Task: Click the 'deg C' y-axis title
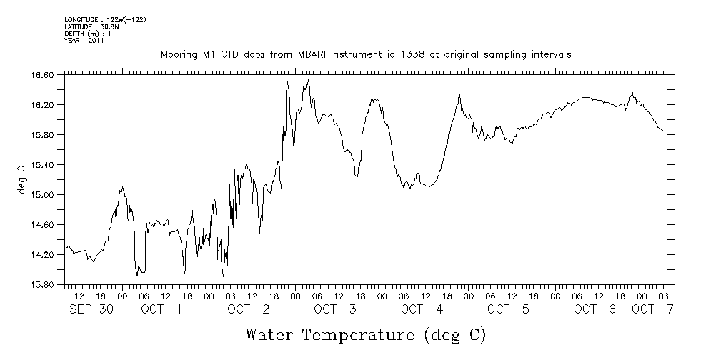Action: click(21, 179)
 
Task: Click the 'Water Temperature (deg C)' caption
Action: click(366, 334)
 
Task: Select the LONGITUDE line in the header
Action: click(105, 20)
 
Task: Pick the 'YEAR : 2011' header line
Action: click(84, 41)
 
